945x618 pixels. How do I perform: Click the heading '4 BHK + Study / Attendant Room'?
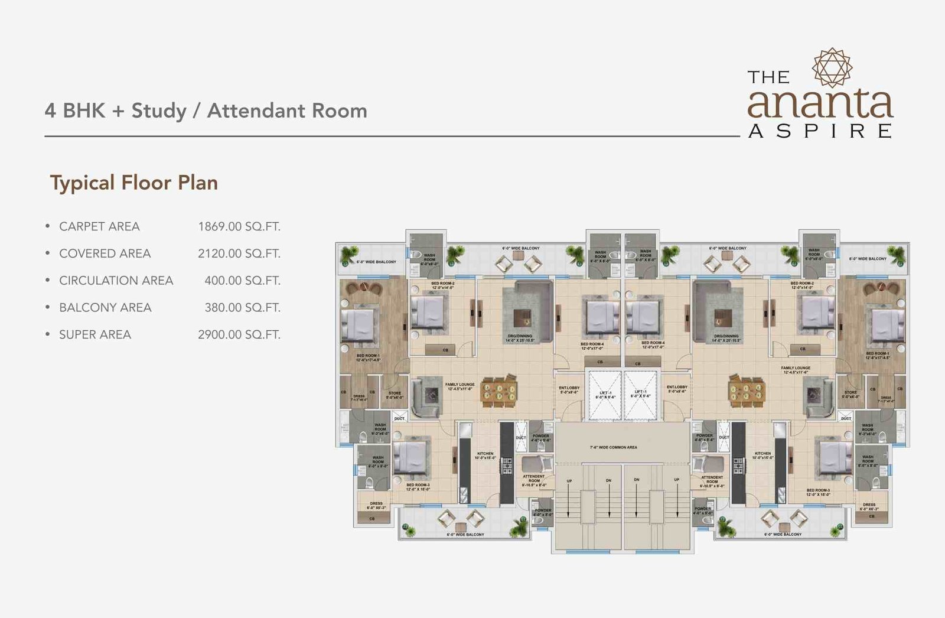pyautogui.click(x=206, y=110)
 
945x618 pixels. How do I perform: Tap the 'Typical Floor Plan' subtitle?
pyautogui.click(x=134, y=183)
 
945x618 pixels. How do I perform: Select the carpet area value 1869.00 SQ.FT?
pyautogui.click(x=239, y=226)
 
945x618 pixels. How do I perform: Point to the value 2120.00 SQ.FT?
pyautogui.click(x=239, y=253)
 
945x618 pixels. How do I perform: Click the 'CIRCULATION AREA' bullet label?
pyautogui.click(x=116, y=281)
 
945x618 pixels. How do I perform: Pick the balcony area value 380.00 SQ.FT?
pyautogui.click(x=242, y=307)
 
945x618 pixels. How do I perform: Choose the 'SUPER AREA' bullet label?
pyautogui.click(x=94, y=334)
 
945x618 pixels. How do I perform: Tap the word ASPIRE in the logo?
pyautogui.click(x=820, y=131)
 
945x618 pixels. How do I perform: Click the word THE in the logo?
pyautogui.click(x=768, y=77)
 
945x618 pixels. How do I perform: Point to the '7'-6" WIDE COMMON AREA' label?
pyautogui.click(x=613, y=447)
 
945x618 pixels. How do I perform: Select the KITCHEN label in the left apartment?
pyautogui.click(x=485, y=456)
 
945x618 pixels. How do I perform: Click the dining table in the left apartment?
pyautogui.click(x=499, y=392)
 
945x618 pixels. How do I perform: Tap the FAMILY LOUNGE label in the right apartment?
pyautogui.click(x=795, y=370)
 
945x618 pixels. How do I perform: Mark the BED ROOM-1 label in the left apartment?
pyautogui.click(x=368, y=357)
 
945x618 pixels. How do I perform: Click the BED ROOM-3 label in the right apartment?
pyautogui.click(x=818, y=492)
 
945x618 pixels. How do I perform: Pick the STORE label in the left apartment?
pyautogui.click(x=395, y=395)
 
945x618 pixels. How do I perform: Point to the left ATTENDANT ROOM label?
pyautogui.click(x=533, y=480)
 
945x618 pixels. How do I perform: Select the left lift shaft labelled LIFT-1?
pyautogui.click(x=605, y=394)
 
